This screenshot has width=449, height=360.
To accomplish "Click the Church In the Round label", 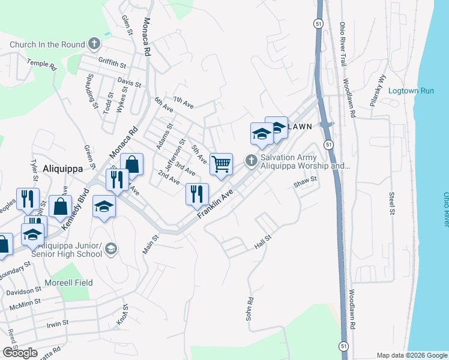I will coord(47,44).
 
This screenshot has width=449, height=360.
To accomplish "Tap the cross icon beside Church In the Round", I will coord(94,43).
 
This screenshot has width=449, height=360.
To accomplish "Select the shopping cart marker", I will coord(221,163).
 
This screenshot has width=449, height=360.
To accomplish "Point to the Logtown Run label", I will coord(411,91).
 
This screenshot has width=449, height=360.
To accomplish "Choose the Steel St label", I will coord(391,203).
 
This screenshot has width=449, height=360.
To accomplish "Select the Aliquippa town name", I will coord(62,169).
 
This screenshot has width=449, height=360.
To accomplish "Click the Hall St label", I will coord(264,242).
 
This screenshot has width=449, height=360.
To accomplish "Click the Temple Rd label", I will coord(41,64).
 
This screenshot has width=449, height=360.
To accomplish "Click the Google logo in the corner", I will coord(20,353).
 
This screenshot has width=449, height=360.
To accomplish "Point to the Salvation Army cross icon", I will coord(251,160).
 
